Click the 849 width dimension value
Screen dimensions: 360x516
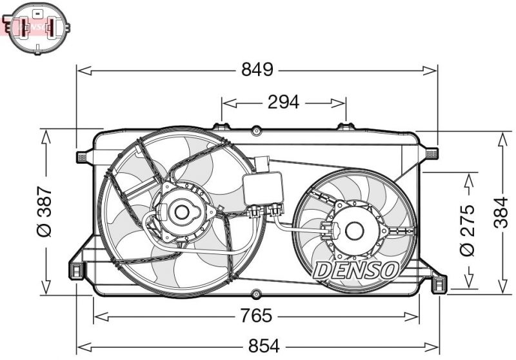(257, 70)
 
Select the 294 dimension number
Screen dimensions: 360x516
(283, 102)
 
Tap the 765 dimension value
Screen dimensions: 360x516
(257, 315)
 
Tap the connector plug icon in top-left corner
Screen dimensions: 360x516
(37, 26)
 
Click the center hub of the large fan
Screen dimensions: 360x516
(181, 212)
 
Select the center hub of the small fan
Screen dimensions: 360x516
(353, 230)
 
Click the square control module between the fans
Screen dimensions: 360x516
(263, 188)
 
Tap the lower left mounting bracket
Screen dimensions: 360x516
(76, 269)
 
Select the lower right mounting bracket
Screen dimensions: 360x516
(439, 283)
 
